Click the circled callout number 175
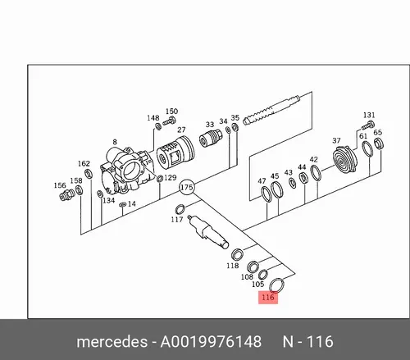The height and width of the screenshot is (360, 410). pos(187,187)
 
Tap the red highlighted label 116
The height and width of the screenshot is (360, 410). pos(268,297)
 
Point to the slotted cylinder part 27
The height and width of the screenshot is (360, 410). pos(175,153)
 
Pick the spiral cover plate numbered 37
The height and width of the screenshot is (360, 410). pos(345,159)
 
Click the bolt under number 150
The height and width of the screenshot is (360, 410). pos(169,121)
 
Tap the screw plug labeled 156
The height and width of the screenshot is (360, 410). pos(66,194)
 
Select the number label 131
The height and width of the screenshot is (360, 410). pos(369,115)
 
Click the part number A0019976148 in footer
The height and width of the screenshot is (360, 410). pos(211,342)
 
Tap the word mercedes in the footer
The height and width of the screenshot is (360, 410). pos(112,342)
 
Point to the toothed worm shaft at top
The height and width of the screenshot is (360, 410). pos(271,110)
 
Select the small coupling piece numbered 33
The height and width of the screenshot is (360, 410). pos(210,138)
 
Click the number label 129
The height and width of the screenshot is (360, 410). pos(170,178)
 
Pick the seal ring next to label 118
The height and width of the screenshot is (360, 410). pos(237,255)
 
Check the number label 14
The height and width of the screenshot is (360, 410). pos(131,203)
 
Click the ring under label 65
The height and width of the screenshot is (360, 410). pos(379,144)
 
